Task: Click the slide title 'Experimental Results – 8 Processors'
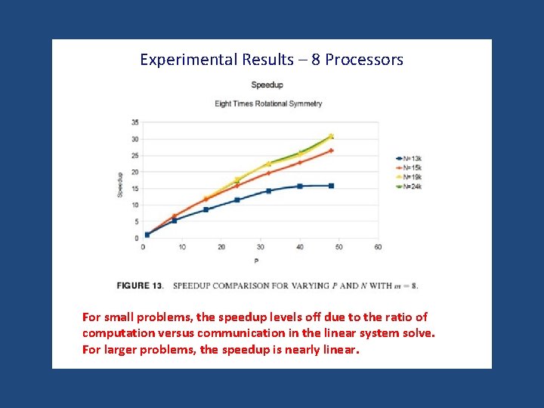(x=271, y=60)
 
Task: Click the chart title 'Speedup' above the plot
(x=267, y=85)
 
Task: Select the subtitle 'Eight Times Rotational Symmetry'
(x=268, y=104)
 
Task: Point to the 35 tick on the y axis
(x=134, y=122)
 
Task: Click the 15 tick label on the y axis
(x=134, y=188)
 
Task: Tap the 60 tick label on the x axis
(x=378, y=247)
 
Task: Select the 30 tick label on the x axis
(x=261, y=247)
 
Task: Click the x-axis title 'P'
(x=256, y=261)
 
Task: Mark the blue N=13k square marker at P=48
(x=331, y=186)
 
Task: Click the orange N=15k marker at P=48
(x=331, y=151)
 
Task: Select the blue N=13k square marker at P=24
(x=237, y=200)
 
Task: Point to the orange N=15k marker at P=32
(x=268, y=173)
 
